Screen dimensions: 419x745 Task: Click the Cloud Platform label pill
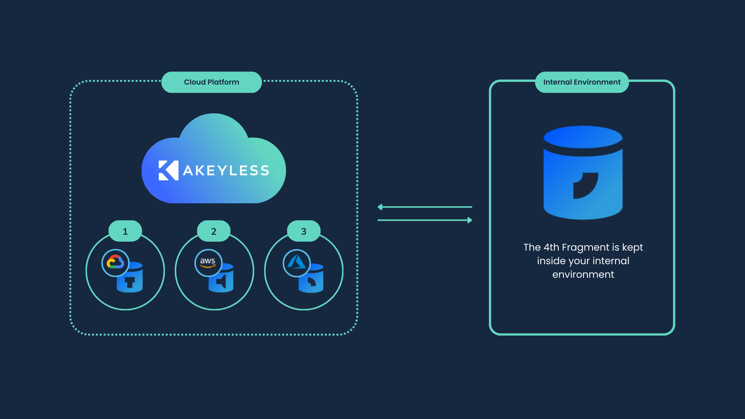click(x=211, y=82)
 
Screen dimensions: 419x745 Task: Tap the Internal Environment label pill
click(x=582, y=82)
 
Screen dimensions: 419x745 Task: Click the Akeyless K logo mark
click(x=168, y=170)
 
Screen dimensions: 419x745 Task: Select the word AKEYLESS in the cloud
click(x=226, y=171)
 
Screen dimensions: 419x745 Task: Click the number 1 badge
click(x=125, y=232)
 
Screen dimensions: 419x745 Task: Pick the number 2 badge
click(x=213, y=232)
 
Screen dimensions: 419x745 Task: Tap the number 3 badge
click(x=303, y=232)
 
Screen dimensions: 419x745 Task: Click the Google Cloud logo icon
click(x=115, y=263)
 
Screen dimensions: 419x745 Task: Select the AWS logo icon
click(x=208, y=263)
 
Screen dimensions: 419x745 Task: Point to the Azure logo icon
click(x=296, y=263)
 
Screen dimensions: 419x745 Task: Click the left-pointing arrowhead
click(x=380, y=207)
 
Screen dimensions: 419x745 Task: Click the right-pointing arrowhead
click(x=470, y=220)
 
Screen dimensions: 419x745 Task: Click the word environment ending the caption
click(x=583, y=275)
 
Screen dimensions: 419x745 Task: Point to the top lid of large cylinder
click(x=583, y=137)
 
